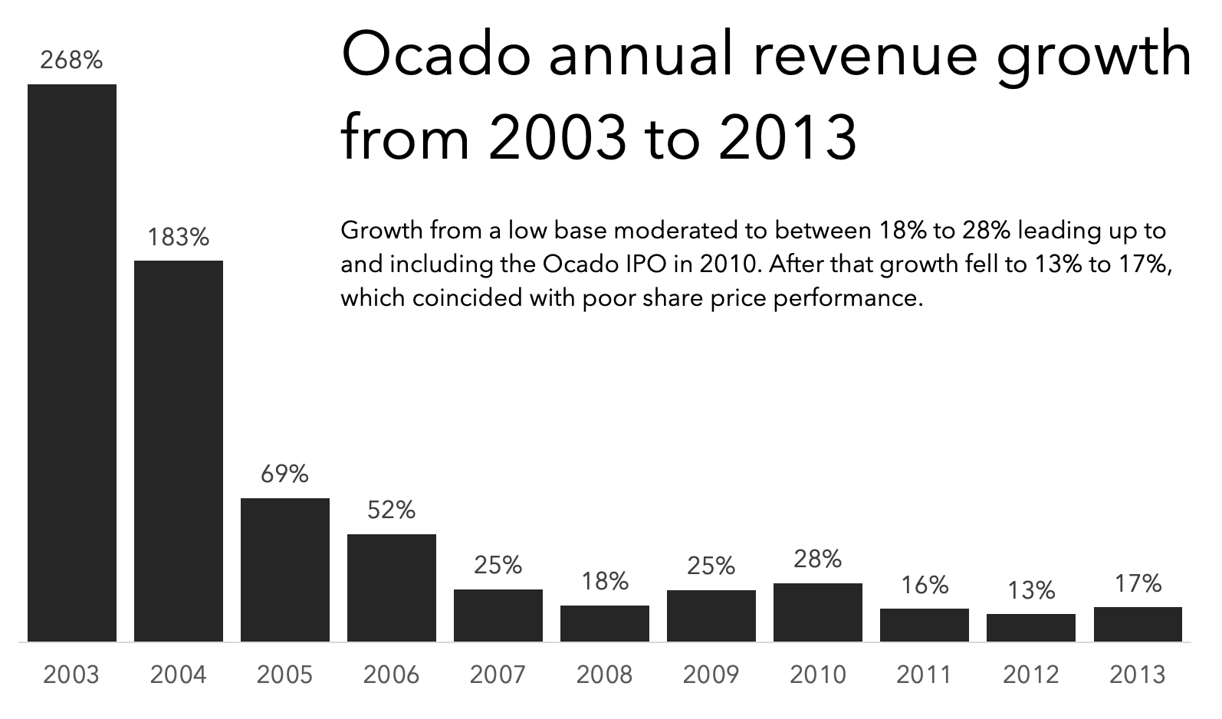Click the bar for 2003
click(x=72, y=363)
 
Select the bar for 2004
click(x=179, y=451)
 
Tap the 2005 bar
click(x=285, y=570)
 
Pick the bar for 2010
click(x=818, y=612)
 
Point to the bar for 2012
click(x=1031, y=627)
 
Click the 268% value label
click(x=71, y=60)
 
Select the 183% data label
click(x=179, y=238)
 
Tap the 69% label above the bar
click(x=284, y=474)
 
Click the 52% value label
click(x=392, y=510)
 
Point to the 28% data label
click(x=818, y=559)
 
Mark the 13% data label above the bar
click(x=1031, y=590)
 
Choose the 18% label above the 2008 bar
click(x=604, y=582)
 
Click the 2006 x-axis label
click(x=392, y=675)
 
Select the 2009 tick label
click(x=711, y=675)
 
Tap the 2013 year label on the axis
click(x=1138, y=675)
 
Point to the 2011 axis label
click(x=924, y=675)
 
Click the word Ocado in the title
click(x=436, y=55)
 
